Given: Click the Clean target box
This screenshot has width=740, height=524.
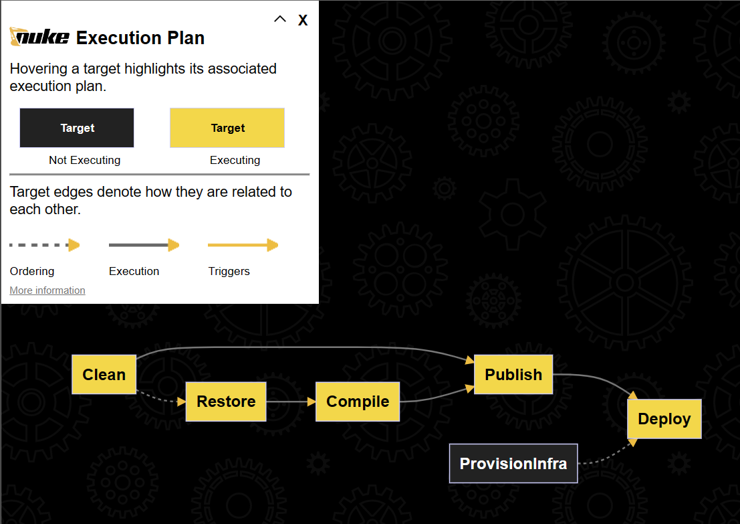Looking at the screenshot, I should point(104,375).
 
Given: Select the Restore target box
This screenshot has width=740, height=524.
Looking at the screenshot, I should point(226,402).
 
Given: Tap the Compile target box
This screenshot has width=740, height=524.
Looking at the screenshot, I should point(358,402).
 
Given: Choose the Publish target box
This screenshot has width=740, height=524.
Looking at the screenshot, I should point(513,375).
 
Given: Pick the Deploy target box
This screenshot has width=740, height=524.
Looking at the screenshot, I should point(664,419).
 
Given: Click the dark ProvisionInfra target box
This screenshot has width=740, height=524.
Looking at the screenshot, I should point(513,463).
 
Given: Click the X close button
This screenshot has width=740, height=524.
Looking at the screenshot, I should point(303,20).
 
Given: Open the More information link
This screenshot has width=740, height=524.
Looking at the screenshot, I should point(47,290).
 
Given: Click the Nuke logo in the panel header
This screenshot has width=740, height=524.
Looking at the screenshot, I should point(39,37).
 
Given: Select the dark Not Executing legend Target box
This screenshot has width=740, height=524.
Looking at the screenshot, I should point(77,128).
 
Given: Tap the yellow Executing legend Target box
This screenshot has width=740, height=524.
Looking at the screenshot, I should point(228,128).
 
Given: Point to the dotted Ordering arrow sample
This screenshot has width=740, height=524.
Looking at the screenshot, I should point(44,246).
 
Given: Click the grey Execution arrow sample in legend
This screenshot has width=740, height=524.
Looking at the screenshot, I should point(144,246).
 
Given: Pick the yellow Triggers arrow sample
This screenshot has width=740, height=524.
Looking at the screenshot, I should point(243,246).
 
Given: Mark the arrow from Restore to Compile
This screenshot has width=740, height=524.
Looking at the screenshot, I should point(291,402).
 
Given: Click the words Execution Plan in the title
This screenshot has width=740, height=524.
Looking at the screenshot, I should point(140,38).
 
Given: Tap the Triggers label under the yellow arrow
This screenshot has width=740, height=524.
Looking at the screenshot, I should point(229,271).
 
